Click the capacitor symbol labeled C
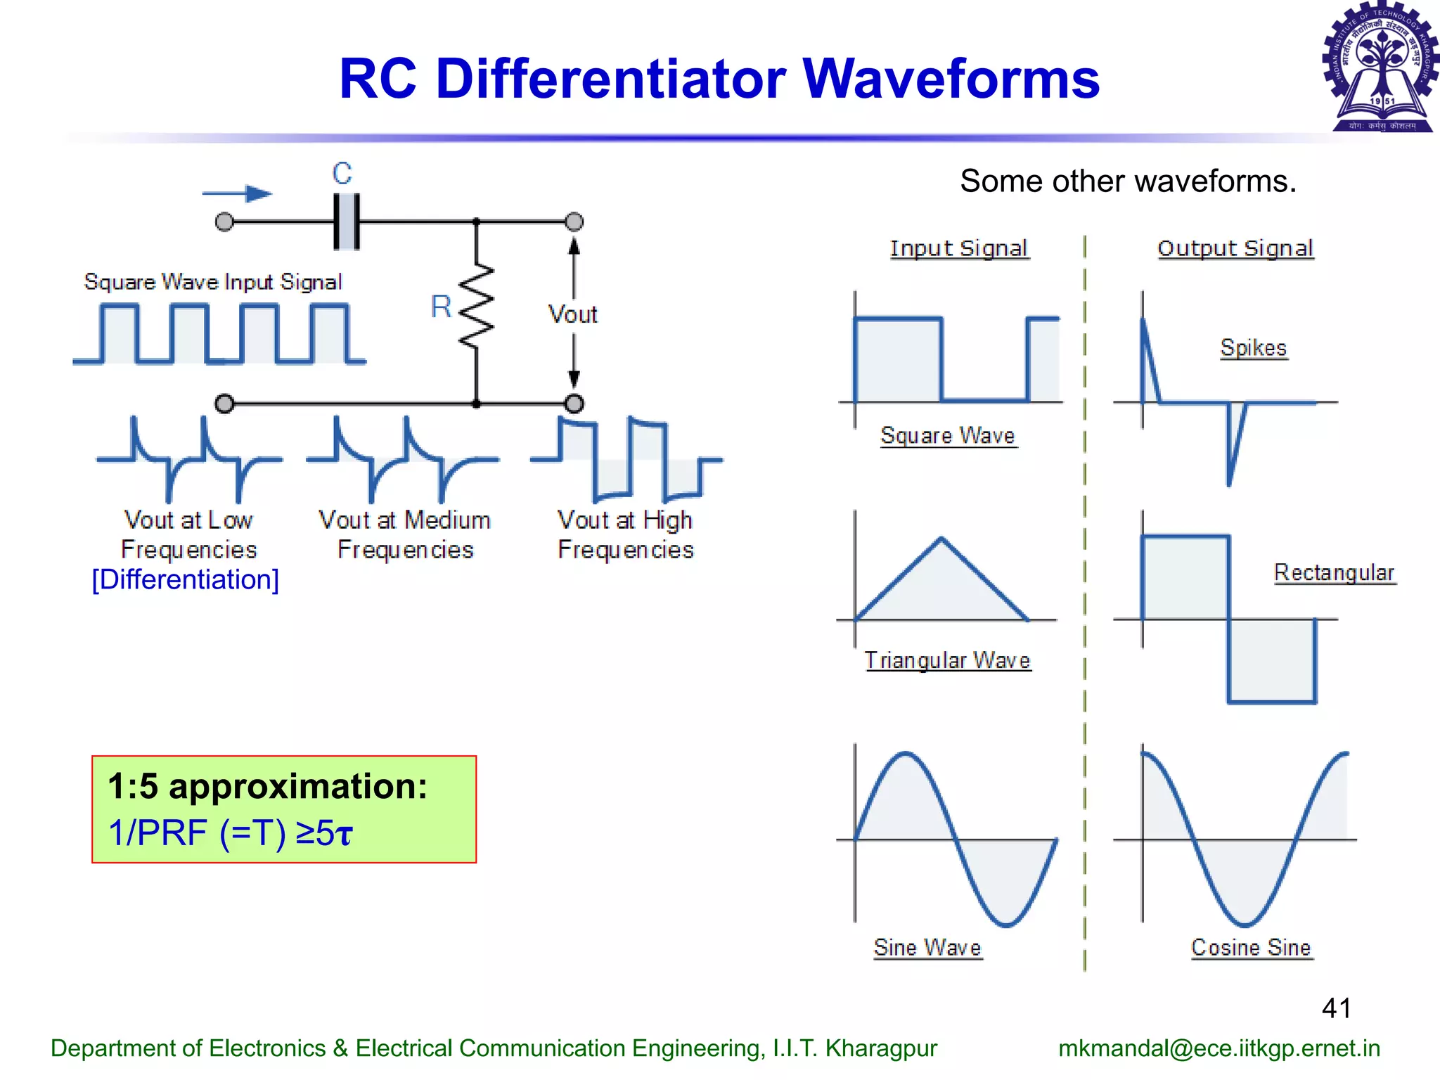tap(346, 222)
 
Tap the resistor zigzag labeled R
tap(477, 307)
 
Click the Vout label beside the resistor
tap(573, 314)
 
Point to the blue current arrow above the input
tap(238, 193)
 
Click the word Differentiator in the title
tap(610, 79)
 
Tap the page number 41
tap(1336, 1008)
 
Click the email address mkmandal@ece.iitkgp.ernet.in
tap(1219, 1048)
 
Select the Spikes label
tap(1253, 348)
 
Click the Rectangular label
tap(1334, 573)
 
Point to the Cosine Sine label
tap(1251, 948)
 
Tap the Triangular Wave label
tap(947, 660)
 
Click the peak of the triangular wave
tap(941, 539)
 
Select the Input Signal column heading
tap(959, 248)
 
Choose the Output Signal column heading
tap(1235, 248)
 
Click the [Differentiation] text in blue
tap(186, 580)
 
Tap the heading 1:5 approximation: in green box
tap(267, 786)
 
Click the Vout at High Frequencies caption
tap(625, 534)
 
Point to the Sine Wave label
tap(927, 948)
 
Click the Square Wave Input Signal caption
tap(213, 282)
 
